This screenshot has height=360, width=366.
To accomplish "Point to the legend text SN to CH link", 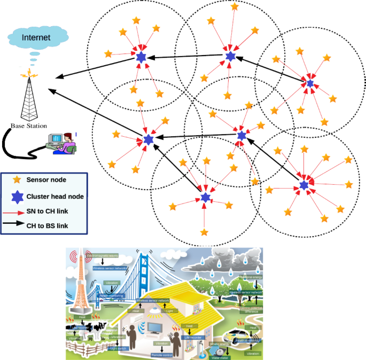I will pos(47,212).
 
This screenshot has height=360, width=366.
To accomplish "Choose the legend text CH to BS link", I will pos(47,225).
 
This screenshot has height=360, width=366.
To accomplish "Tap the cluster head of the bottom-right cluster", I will pos(304,185).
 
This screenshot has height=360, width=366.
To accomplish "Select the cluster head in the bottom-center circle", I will pos(206,198).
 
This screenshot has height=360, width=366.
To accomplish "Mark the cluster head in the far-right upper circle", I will pos(310,83).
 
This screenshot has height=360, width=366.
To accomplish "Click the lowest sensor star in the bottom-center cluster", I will pos(204,232).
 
